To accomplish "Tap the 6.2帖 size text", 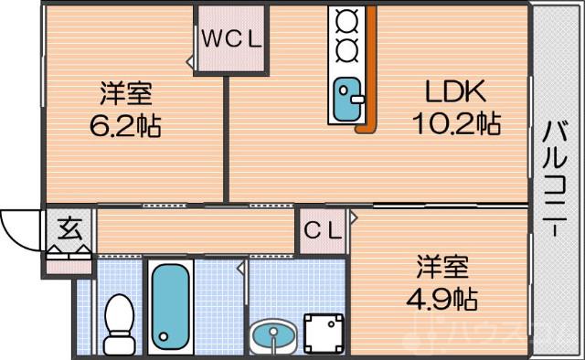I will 125,126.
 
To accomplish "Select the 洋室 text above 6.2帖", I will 125,93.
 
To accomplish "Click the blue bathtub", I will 171,306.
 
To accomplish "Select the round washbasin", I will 271,336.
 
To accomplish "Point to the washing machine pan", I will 324,333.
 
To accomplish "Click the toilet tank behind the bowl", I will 119,345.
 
